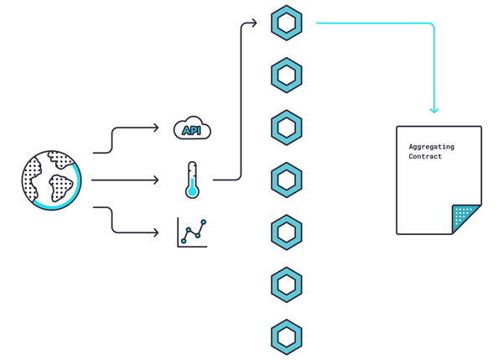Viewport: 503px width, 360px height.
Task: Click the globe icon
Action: coord(52,180)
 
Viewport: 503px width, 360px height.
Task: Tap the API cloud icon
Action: coord(192,128)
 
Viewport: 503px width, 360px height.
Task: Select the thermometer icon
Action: coord(192,180)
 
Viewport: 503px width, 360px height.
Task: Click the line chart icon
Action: coord(192,232)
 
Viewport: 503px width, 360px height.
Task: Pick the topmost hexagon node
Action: coord(287,23)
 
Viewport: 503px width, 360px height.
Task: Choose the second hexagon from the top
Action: coord(287,76)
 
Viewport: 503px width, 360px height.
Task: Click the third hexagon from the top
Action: coord(287,128)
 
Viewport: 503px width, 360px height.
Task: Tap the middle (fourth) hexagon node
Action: coord(287,180)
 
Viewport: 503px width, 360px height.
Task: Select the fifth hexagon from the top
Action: coord(287,232)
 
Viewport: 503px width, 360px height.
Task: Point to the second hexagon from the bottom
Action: coord(287,284)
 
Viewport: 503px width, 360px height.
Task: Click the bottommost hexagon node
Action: coord(287,337)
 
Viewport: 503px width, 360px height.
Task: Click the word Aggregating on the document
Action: coord(432,147)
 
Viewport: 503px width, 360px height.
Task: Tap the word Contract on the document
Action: coord(425,156)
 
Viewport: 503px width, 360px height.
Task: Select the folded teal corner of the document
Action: coord(465,218)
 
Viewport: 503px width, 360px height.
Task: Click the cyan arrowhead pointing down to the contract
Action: coord(434,110)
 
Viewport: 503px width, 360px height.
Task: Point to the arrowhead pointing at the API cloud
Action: coord(156,128)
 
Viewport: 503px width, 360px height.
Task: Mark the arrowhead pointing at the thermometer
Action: coord(156,180)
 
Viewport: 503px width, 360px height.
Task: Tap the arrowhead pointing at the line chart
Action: coord(156,232)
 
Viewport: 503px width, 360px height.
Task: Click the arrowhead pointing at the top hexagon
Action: coord(254,23)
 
